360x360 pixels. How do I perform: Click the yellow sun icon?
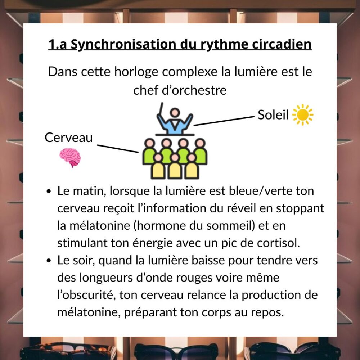tap(303, 115)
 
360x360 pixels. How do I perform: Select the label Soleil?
tap(273, 115)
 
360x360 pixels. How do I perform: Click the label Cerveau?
tap(69, 138)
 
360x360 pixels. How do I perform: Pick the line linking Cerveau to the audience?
tap(118, 149)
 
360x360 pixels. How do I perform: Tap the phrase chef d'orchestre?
tap(180, 90)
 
